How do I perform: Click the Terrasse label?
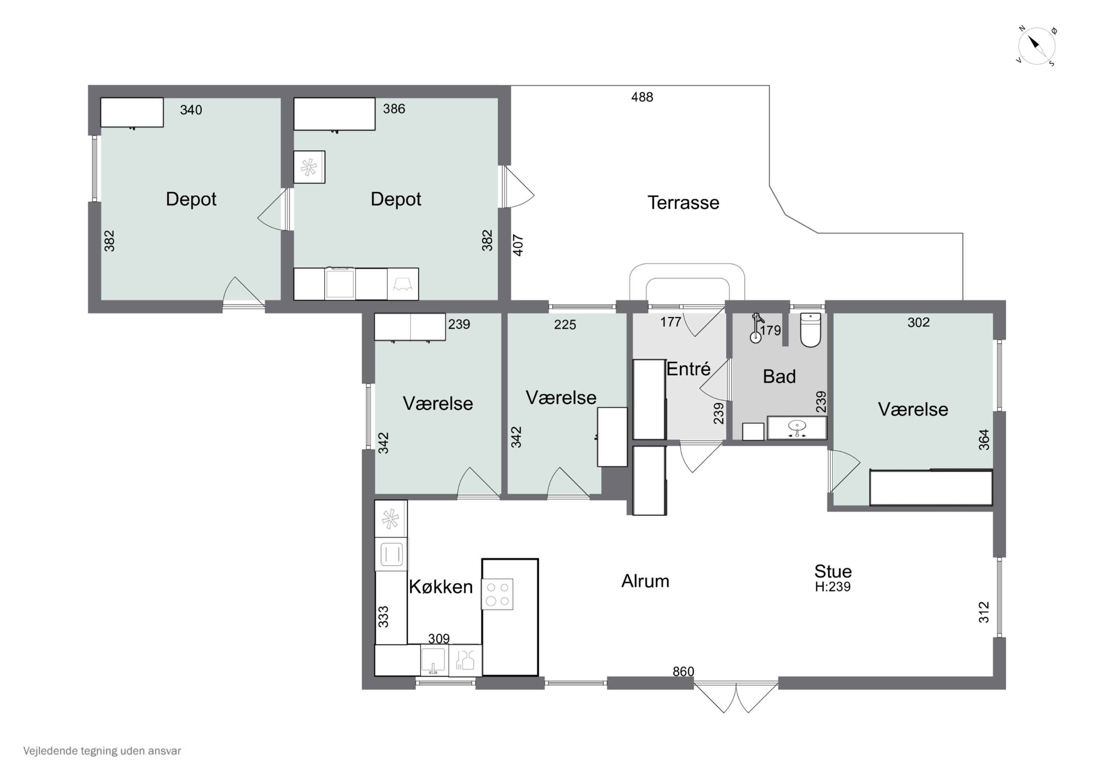[683, 203]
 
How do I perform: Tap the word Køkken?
[441, 586]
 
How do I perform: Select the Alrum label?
[645, 581]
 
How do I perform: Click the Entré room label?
[688, 369]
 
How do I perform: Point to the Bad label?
[779, 376]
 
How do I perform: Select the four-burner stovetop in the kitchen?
[497, 594]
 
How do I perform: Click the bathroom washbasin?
[797, 427]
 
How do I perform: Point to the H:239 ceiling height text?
[833, 586]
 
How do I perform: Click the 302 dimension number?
[918, 322]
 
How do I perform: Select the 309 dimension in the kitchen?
[438, 639]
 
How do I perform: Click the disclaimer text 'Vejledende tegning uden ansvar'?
[102, 751]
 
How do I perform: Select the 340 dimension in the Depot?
[191, 110]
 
